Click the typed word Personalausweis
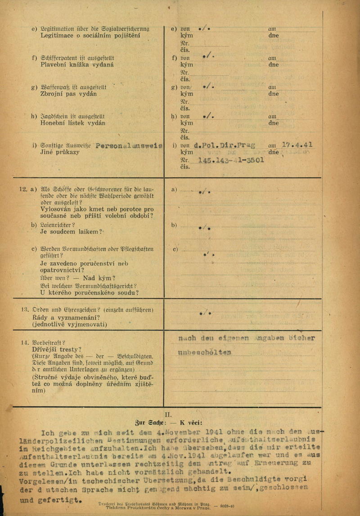[x=129, y=147]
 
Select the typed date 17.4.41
[x=297, y=145]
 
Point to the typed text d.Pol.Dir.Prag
[x=224, y=145]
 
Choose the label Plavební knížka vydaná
[x=77, y=65]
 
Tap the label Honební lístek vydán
[x=73, y=123]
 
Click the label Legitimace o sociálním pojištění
[x=90, y=36]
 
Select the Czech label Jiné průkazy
[x=59, y=152]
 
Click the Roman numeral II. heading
[x=169, y=414]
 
